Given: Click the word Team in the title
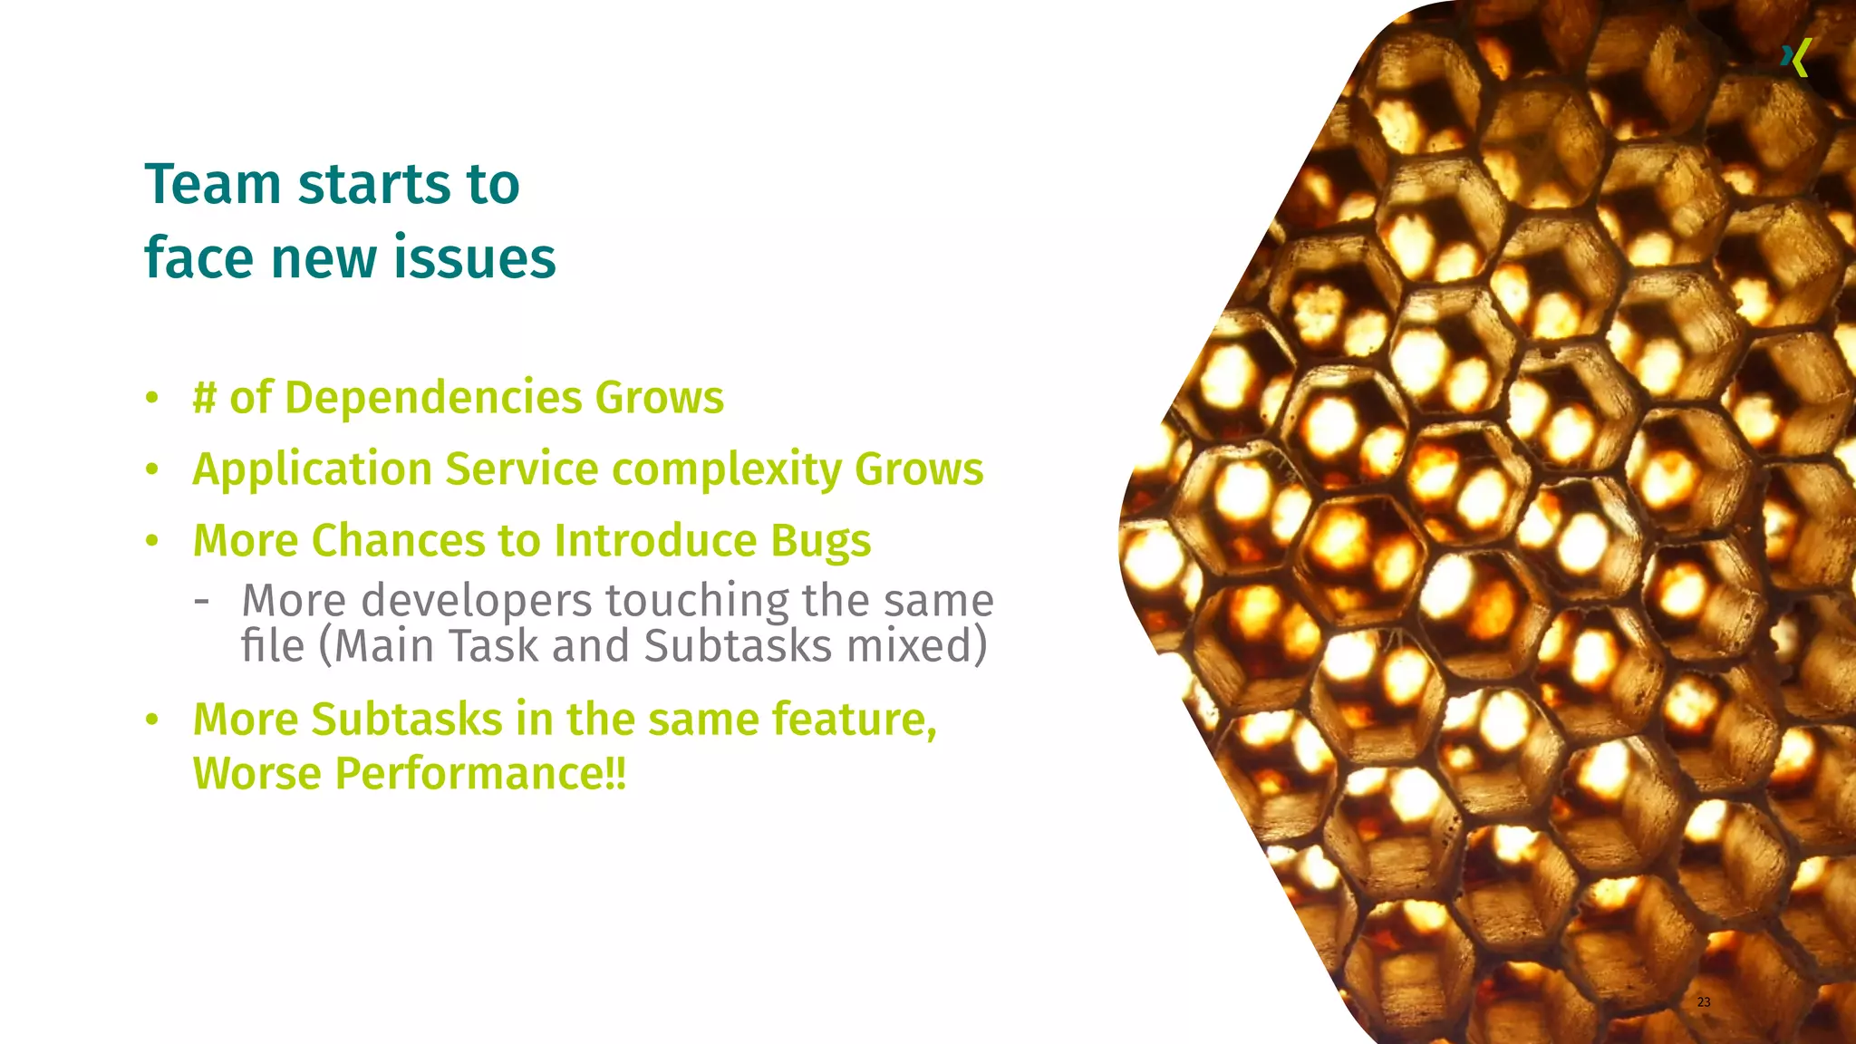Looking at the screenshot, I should click(x=213, y=184).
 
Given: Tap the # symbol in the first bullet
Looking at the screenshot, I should click(x=204, y=398).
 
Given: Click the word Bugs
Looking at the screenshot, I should click(x=821, y=541).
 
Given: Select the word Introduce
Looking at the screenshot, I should click(x=655, y=541).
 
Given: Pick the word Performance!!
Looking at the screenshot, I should click(x=479, y=774).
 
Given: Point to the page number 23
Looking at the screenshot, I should click(x=1704, y=1001).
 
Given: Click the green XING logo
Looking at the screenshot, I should click(x=1795, y=58).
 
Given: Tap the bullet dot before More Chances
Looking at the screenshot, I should click(x=152, y=541).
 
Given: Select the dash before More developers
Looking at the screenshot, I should click(x=201, y=600).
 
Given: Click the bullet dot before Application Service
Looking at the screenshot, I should click(x=152, y=469).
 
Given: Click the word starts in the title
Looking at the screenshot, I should click(x=374, y=184).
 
